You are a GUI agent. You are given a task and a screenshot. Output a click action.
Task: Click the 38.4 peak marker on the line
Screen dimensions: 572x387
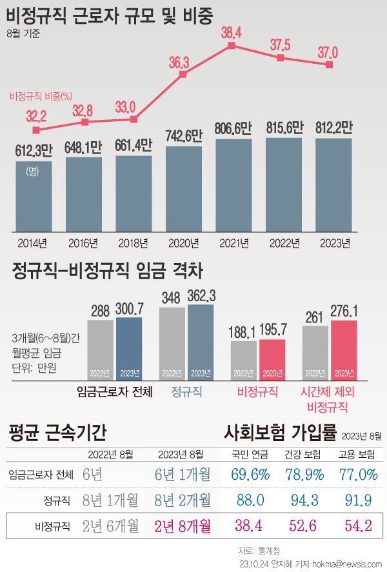[x=232, y=46]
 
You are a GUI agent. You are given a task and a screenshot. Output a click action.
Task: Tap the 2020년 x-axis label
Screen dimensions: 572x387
[x=183, y=243]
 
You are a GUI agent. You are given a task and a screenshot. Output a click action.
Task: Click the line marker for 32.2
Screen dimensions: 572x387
[x=36, y=130]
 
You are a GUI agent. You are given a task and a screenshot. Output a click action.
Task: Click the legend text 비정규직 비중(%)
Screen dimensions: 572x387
[x=40, y=97]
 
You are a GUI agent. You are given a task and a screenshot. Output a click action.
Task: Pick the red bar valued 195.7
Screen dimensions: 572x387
[x=272, y=359]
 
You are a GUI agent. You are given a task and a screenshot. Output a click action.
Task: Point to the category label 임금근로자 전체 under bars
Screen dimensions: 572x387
[x=114, y=391]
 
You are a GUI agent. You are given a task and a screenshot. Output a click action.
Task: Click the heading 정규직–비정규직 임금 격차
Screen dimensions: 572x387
[x=107, y=271]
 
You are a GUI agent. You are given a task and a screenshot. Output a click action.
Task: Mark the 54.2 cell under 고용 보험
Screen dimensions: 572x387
[x=357, y=526]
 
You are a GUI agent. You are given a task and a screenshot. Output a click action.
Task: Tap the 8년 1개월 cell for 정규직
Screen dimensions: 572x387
[x=111, y=500]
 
